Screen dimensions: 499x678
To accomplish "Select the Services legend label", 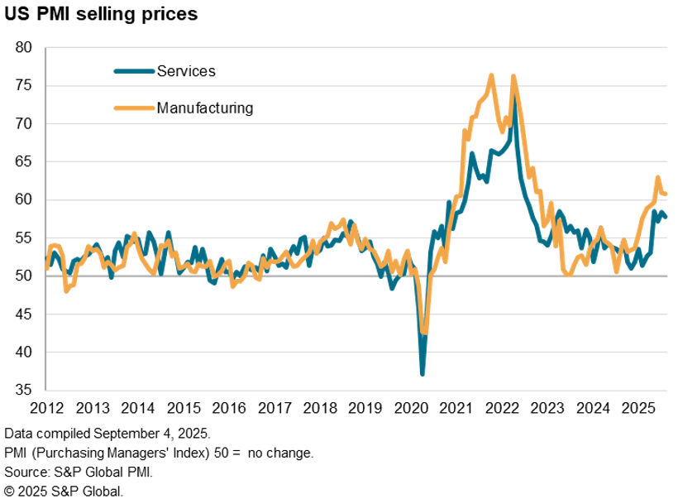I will coord(186,71).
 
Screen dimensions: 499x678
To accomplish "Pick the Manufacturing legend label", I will coord(205,108).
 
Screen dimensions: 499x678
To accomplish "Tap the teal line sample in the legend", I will coord(134,71).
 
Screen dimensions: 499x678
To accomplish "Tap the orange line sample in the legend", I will coord(134,108).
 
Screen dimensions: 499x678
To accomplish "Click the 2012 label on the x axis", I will coord(47,409).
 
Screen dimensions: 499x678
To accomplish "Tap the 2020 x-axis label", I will coord(411,409).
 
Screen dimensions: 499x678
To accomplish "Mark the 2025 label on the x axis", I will coord(637,409).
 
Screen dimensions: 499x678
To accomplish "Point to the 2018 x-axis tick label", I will coord(320,409).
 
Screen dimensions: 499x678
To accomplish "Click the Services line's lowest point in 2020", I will coord(423,374).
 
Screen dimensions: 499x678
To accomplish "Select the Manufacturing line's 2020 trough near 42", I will coord(424,333).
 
